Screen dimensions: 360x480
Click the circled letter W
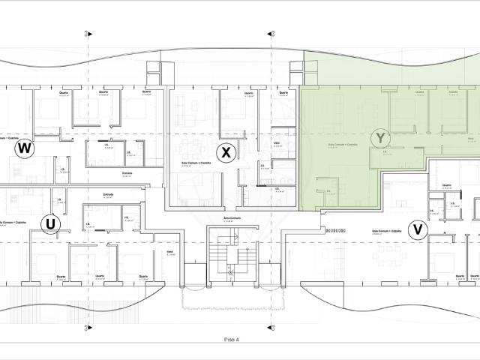(x=25, y=148)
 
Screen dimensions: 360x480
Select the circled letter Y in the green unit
(x=381, y=137)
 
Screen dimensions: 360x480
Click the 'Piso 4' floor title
(x=231, y=340)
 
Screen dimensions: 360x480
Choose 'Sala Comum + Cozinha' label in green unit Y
(x=343, y=144)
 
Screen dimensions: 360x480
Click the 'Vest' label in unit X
(x=277, y=141)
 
